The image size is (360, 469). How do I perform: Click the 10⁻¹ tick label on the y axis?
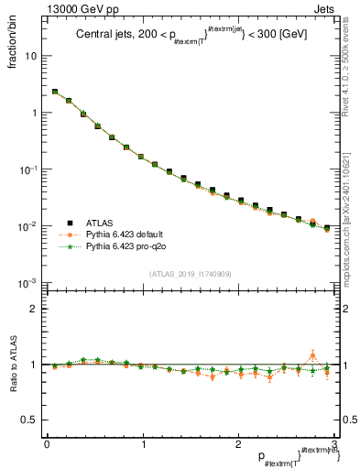click(x=28, y=169)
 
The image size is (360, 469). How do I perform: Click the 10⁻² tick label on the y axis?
click(x=28, y=226)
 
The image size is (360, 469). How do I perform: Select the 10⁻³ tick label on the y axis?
click(x=28, y=283)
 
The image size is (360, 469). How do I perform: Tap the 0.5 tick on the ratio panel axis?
click(x=29, y=420)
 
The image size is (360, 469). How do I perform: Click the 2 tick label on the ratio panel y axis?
click(x=34, y=309)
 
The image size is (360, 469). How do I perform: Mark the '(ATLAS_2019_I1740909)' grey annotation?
click(x=190, y=275)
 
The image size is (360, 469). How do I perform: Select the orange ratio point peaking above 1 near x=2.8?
click(x=312, y=355)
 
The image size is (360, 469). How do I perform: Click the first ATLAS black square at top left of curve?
click(x=55, y=92)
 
